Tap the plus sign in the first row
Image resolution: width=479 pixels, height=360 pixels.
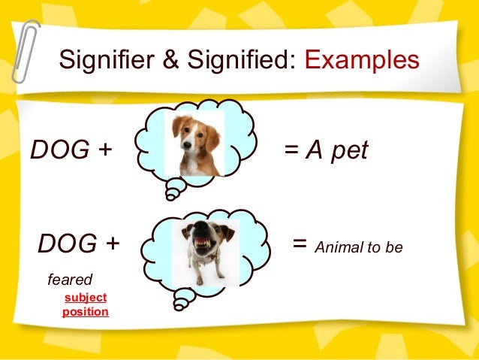coord(103,150)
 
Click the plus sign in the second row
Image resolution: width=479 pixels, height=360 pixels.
coord(112,243)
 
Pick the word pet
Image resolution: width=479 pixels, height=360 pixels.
coord(348,150)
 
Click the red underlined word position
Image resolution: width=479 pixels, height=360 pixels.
coord(85,311)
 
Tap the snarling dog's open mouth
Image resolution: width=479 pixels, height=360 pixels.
coord(203,243)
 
